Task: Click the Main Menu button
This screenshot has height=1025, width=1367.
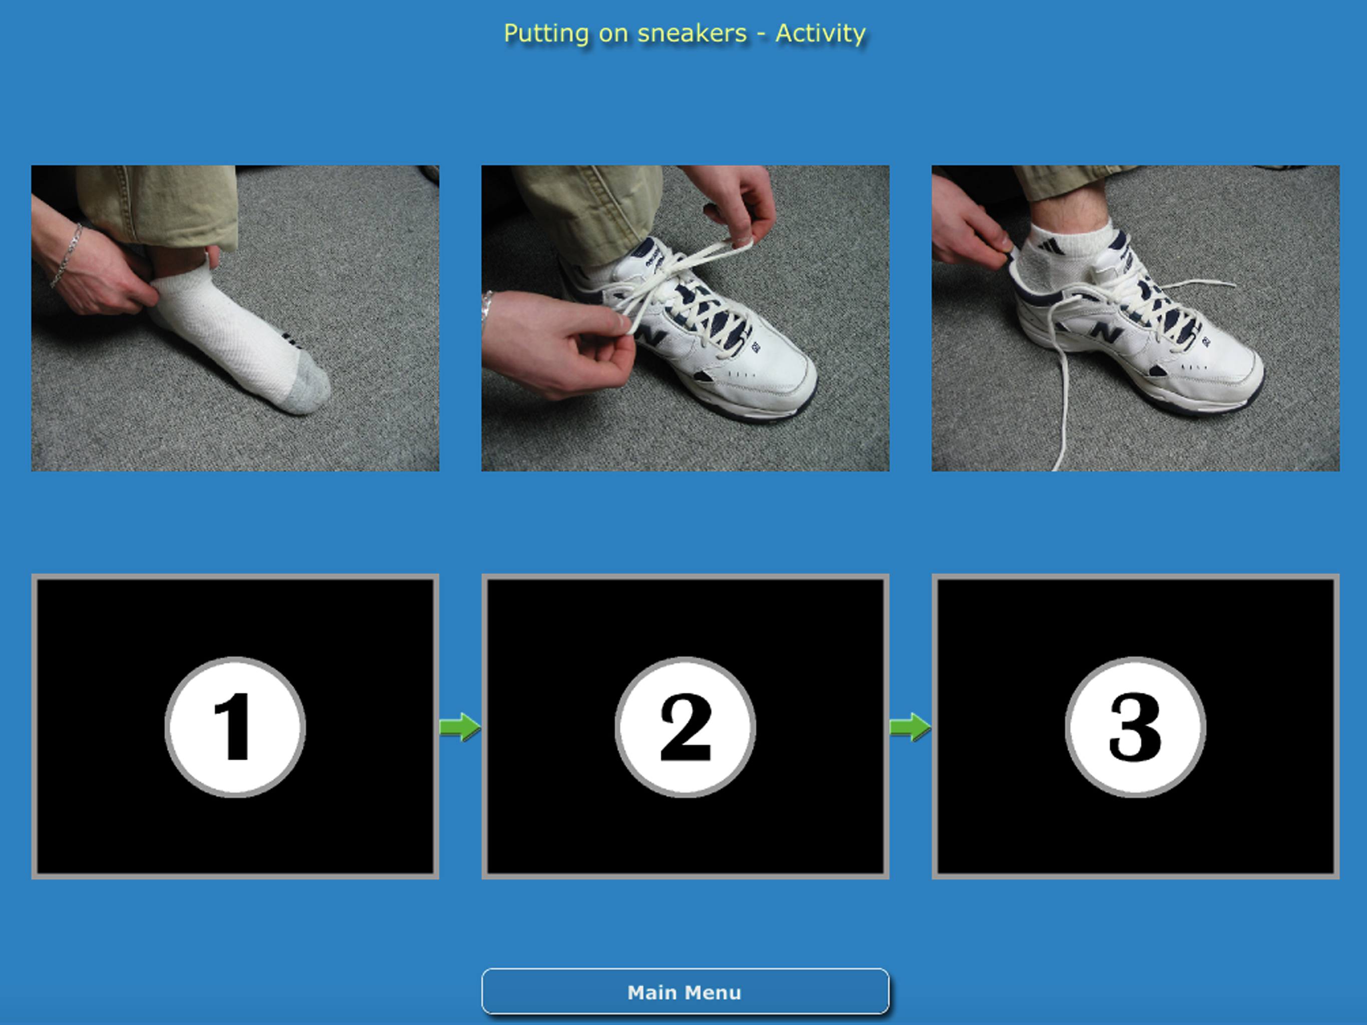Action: click(x=685, y=991)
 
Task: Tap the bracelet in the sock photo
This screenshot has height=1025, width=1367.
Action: click(x=67, y=255)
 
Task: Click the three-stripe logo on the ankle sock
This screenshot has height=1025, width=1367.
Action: click(x=1051, y=247)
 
